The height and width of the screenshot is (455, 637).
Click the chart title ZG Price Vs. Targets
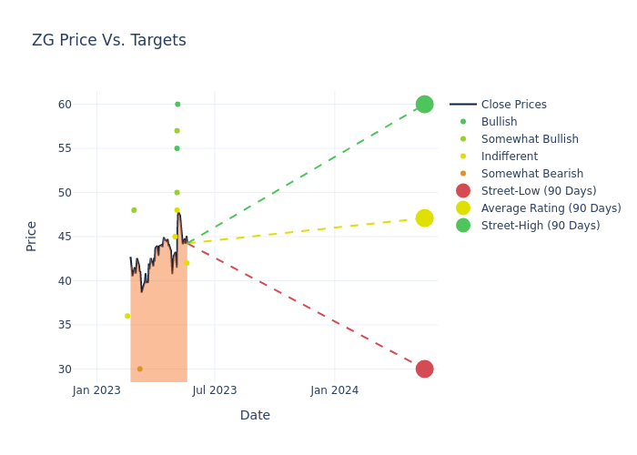[109, 40]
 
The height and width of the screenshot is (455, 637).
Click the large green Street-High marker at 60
[424, 104]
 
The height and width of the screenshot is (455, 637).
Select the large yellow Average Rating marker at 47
[424, 218]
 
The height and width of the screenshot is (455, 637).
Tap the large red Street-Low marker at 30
[424, 369]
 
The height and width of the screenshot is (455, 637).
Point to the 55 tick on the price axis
[63, 148]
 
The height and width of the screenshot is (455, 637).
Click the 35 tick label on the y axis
[63, 325]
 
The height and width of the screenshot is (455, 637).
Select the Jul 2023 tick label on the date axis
[215, 390]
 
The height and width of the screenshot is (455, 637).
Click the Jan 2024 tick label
[334, 390]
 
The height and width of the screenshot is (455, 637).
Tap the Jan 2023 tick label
[96, 390]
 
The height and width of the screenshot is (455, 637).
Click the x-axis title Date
[255, 415]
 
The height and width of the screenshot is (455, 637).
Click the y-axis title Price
[32, 236]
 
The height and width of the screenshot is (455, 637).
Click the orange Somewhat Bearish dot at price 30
[139, 369]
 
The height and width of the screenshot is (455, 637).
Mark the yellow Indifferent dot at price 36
[127, 316]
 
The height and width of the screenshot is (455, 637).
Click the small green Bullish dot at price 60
[177, 104]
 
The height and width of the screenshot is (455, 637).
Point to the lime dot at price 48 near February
[134, 210]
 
